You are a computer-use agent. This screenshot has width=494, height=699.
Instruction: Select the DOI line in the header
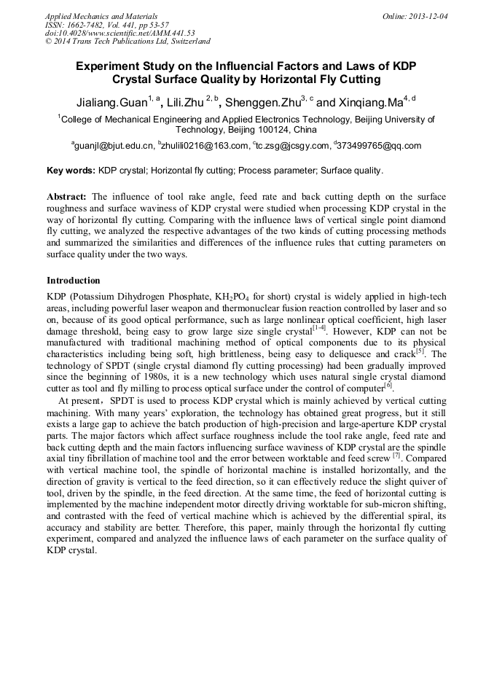tap(119, 33)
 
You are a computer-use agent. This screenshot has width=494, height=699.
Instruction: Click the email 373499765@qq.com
tap(380, 146)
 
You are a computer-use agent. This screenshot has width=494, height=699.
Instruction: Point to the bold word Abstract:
tap(67, 198)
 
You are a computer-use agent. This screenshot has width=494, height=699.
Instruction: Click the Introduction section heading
tap(74, 281)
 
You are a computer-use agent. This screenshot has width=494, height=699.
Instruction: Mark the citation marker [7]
tap(396, 455)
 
